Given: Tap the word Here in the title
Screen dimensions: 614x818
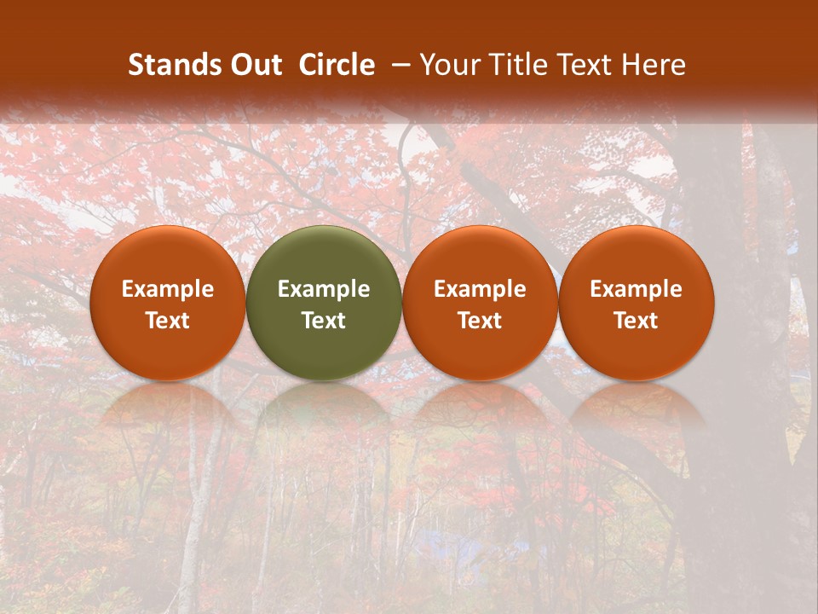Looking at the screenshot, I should tap(654, 65).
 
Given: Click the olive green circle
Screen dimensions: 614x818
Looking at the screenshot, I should tap(324, 303).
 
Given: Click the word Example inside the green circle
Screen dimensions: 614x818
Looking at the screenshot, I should tap(324, 289).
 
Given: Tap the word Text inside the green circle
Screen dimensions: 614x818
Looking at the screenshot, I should tap(324, 321).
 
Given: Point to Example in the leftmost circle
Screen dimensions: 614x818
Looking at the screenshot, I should tap(168, 289).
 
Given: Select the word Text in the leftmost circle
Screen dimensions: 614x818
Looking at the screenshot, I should tap(168, 321).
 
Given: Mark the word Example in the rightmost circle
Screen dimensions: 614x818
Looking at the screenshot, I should tap(636, 289).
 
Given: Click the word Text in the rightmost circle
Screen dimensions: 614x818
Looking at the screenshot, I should tap(636, 321).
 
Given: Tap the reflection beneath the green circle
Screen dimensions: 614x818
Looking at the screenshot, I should tap(324, 409).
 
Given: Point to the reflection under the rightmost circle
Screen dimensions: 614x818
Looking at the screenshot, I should tap(636, 409).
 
